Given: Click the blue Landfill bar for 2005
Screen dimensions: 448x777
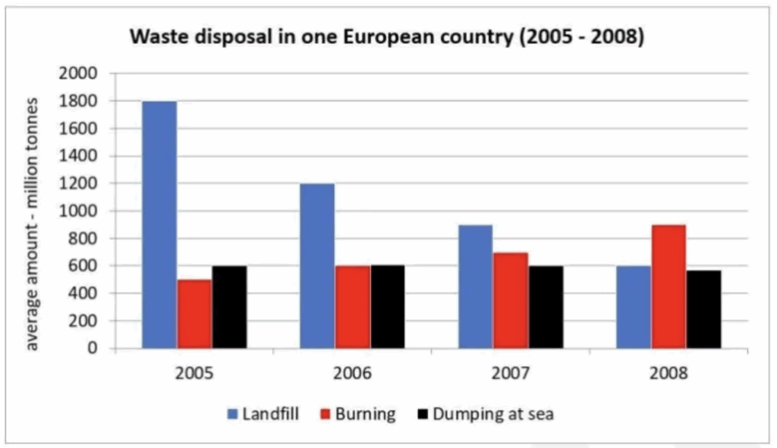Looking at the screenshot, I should click(x=159, y=224).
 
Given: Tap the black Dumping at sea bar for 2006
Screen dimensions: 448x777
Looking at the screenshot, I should click(x=387, y=307).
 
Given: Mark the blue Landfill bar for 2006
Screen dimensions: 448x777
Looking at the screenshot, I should click(x=317, y=266).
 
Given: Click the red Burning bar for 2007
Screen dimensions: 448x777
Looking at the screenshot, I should click(x=510, y=300).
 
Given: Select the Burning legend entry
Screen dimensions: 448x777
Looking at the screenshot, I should click(x=359, y=414).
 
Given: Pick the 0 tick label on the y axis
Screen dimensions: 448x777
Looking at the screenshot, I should click(x=93, y=349).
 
